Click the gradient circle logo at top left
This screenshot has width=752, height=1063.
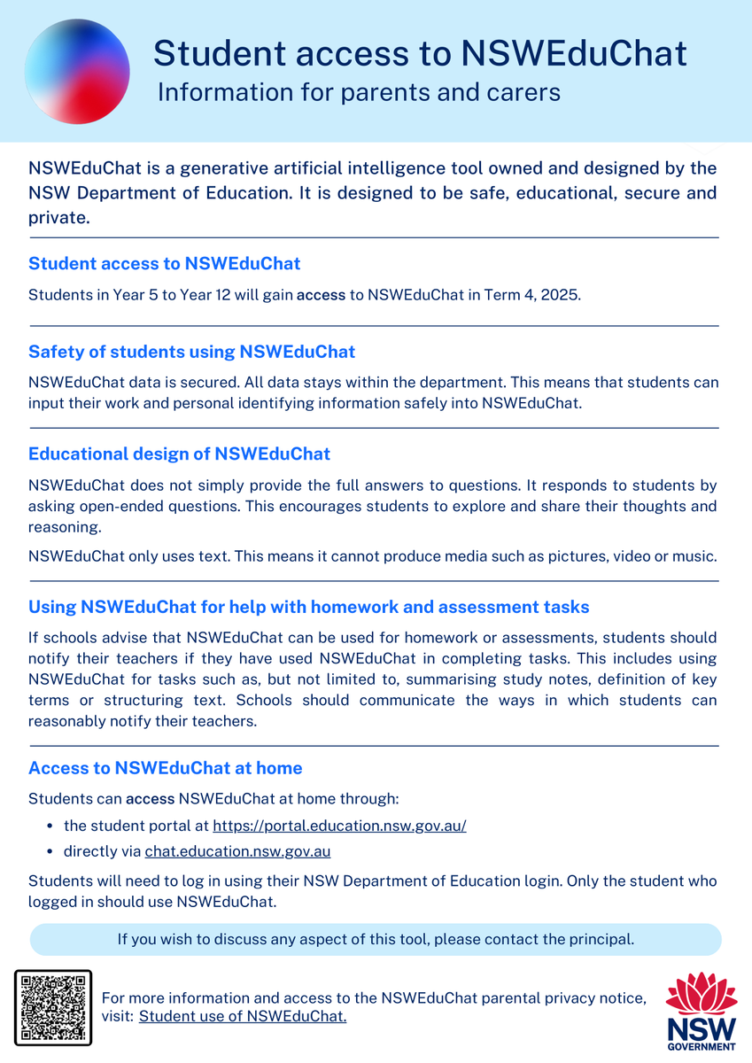[x=77, y=71]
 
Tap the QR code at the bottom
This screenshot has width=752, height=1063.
[x=53, y=1008]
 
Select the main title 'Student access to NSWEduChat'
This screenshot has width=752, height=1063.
[x=420, y=54]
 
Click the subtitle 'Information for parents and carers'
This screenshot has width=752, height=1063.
[x=359, y=92]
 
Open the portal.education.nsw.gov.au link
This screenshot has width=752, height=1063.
[x=339, y=826]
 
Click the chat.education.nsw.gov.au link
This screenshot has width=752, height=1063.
[x=237, y=851]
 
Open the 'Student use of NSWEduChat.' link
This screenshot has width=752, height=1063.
[x=243, y=1016]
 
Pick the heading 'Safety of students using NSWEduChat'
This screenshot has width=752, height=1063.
[x=191, y=352]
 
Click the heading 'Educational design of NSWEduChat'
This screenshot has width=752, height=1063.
[x=179, y=454]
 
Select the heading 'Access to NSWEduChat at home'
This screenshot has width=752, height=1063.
[x=165, y=768]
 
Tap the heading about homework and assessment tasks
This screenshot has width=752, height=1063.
[x=308, y=608]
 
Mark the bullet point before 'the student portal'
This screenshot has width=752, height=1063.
[x=50, y=826]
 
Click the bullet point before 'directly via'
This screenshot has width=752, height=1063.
[x=50, y=851]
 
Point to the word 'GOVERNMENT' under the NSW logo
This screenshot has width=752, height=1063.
[x=702, y=1045]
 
